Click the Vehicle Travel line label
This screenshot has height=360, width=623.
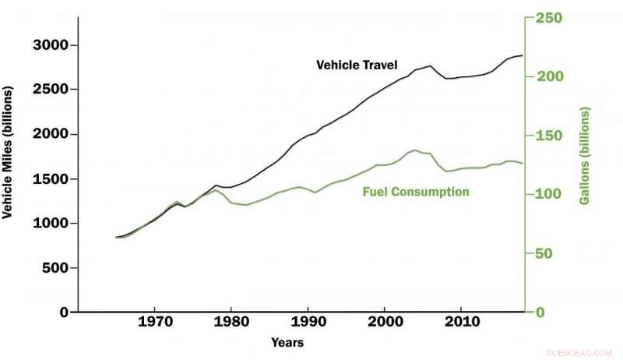357,65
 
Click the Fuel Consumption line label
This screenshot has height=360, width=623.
416,192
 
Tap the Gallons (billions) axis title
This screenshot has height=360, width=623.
584,157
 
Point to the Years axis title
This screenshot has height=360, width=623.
287,342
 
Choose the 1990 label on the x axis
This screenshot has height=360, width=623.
308,322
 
